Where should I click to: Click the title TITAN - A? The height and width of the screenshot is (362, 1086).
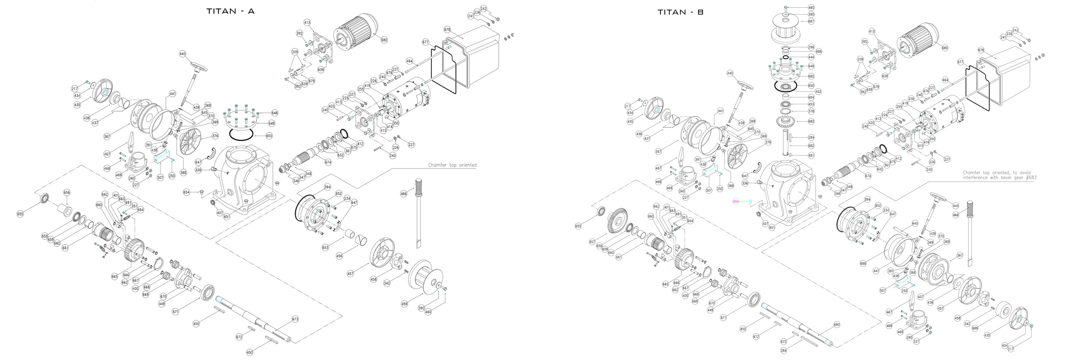point(230,11)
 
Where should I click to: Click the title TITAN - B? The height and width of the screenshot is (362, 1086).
point(681,12)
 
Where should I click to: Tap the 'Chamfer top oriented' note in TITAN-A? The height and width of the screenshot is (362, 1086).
point(452,165)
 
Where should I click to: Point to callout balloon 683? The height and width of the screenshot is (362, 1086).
point(811,121)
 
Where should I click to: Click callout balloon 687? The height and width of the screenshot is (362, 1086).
point(811,21)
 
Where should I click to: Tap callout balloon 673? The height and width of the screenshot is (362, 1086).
point(295,319)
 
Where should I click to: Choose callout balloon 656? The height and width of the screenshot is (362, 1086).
point(67,193)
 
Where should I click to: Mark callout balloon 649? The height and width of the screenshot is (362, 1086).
point(271,123)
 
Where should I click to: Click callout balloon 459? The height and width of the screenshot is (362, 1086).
point(404,304)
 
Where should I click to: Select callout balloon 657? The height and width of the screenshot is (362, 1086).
point(592,242)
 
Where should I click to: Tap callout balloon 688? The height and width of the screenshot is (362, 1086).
point(863,264)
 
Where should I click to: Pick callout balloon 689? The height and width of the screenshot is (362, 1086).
point(975,328)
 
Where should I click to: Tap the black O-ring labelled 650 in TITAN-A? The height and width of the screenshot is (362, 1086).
point(241,135)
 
